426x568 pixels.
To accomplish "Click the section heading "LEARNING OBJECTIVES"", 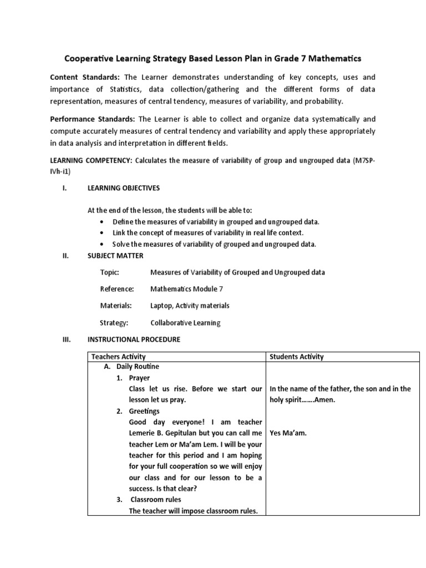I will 124,188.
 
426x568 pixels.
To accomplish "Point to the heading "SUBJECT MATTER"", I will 115,256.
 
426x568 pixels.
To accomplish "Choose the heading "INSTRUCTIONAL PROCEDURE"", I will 134,339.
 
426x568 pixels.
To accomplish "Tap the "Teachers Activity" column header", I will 118,357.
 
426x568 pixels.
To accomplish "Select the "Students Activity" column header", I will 297,357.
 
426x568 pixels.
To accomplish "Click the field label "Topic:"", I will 110,272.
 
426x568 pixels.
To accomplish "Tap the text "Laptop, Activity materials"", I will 190,306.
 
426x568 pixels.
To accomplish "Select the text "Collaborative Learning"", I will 185,323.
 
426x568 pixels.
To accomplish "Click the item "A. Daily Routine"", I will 131,367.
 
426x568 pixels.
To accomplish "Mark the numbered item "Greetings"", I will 144,411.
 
